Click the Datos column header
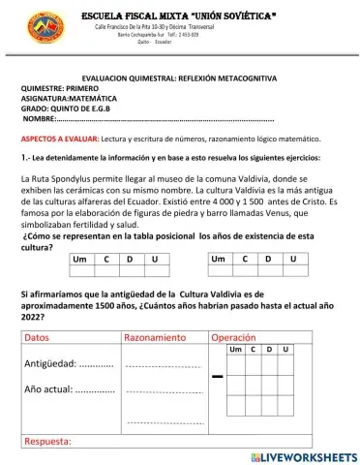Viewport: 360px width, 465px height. (x=36, y=337)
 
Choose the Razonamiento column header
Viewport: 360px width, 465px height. (x=155, y=337)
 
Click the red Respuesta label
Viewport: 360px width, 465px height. (x=47, y=441)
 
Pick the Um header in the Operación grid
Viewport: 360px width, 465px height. (x=235, y=348)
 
